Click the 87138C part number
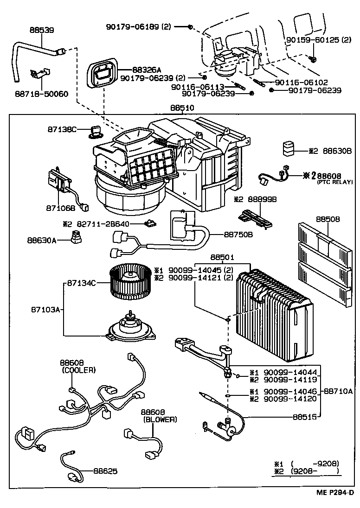coord(62,129)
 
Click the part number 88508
coord(328,218)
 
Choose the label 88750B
coord(238,234)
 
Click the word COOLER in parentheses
coord(78,370)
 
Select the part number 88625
coord(105,471)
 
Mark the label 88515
coord(304,417)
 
